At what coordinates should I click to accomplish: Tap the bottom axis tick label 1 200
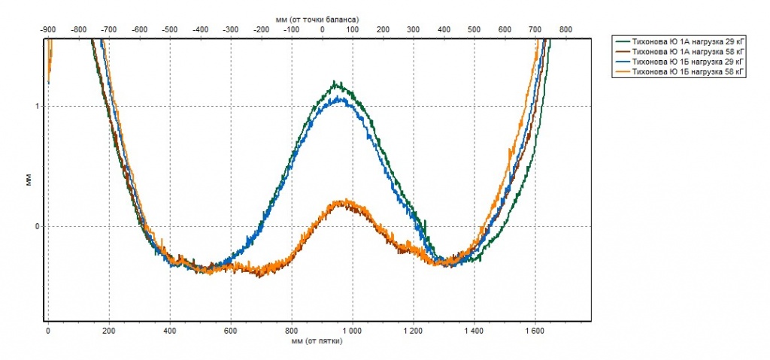pos(413,330)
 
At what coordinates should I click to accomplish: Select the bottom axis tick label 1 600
pos(535,330)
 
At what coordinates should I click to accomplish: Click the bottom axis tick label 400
pos(169,330)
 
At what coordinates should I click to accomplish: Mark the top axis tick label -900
pos(47,29)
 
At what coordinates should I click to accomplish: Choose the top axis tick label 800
pos(565,29)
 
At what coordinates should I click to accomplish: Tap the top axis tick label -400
pos(200,29)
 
